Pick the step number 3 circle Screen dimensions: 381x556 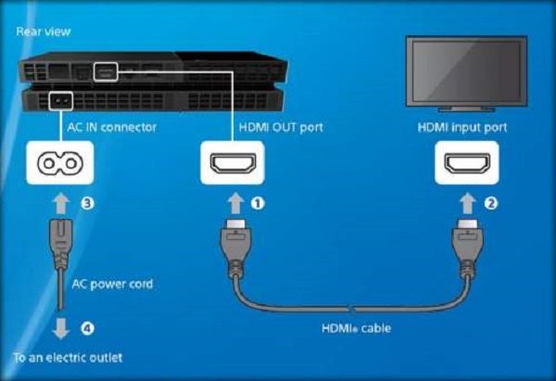click(x=88, y=200)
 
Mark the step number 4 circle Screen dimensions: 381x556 click(x=88, y=325)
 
